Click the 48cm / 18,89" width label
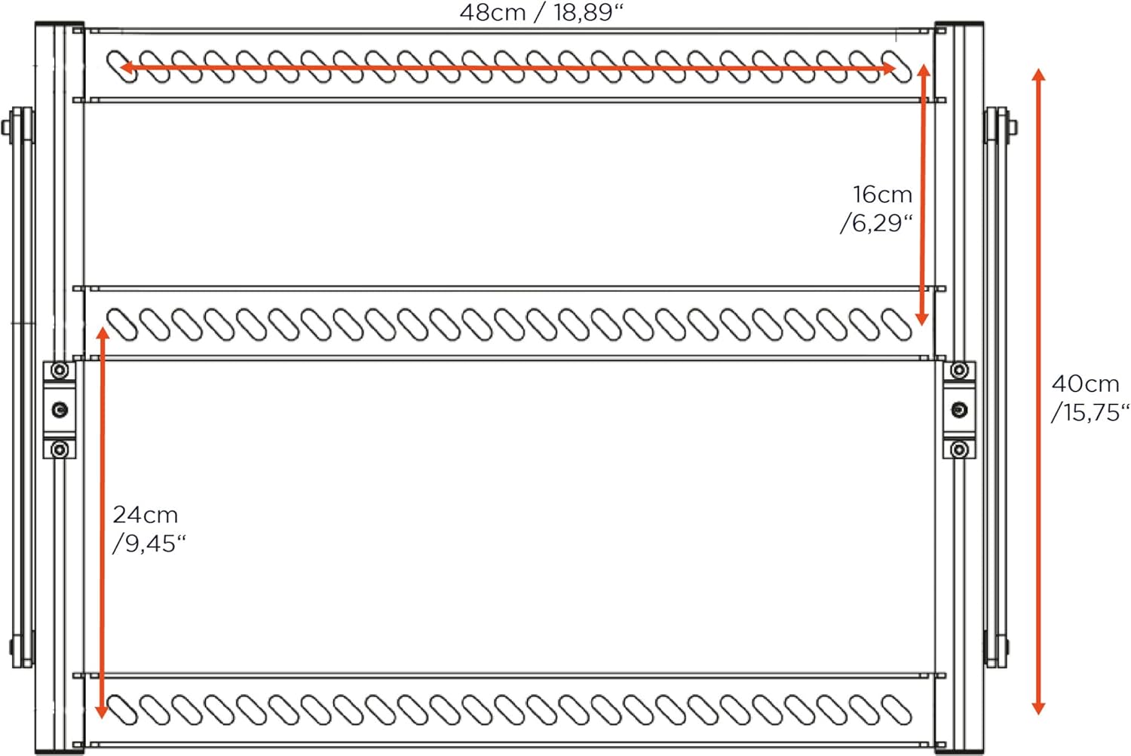coord(541,13)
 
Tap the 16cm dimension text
coord(883,194)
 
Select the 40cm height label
coord(1086,384)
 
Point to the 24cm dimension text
coord(146,516)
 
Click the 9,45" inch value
coord(150,544)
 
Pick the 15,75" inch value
coord(1090,413)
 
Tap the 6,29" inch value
coord(876,224)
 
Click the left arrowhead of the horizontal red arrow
coord(126,67)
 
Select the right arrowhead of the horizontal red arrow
coord(889,68)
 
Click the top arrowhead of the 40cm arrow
coord(1038,75)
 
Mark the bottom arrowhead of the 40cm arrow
coord(1038,708)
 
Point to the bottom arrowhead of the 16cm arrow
coord(922,318)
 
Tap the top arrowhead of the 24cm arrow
coord(103,334)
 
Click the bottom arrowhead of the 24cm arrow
coord(102,711)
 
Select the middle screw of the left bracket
coord(60,409)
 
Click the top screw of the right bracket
coord(959,370)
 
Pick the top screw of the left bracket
coord(60,370)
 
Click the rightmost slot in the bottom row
coord(897,709)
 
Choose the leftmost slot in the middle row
coord(122,325)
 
